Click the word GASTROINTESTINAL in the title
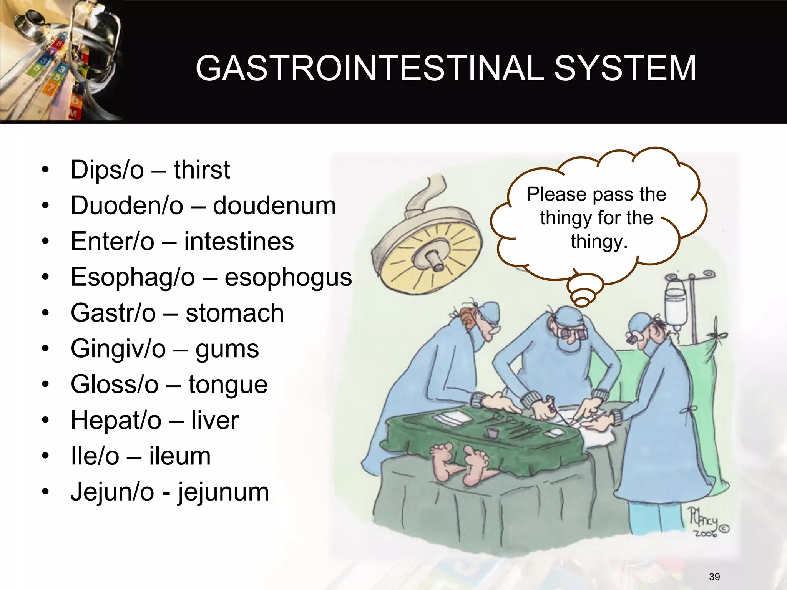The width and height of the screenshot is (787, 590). pyautogui.click(x=369, y=68)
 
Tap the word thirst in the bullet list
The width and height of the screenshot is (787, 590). pyautogui.click(x=202, y=170)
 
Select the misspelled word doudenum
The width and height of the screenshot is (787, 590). pyautogui.click(x=274, y=206)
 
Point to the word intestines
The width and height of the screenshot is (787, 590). pyautogui.click(x=239, y=241)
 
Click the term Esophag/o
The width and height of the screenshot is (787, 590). pyautogui.click(x=133, y=277)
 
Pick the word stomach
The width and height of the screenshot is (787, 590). pyautogui.click(x=235, y=313)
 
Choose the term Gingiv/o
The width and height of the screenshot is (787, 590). pyautogui.click(x=118, y=349)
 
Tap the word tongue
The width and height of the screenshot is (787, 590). pyautogui.click(x=228, y=384)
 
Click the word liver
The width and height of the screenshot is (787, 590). pyautogui.click(x=215, y=420)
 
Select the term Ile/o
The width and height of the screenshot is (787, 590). pyautogui.click(x=95, y=456)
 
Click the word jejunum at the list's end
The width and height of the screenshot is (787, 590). pyautogui.click(x=223, y=492)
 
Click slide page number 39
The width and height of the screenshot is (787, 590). pyautogui.click(x=714, y=577)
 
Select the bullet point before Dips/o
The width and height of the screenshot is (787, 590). pyautogui.click(x=46, y=170)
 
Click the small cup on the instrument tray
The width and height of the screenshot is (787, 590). pyautogui.click(x=491, y=433)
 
